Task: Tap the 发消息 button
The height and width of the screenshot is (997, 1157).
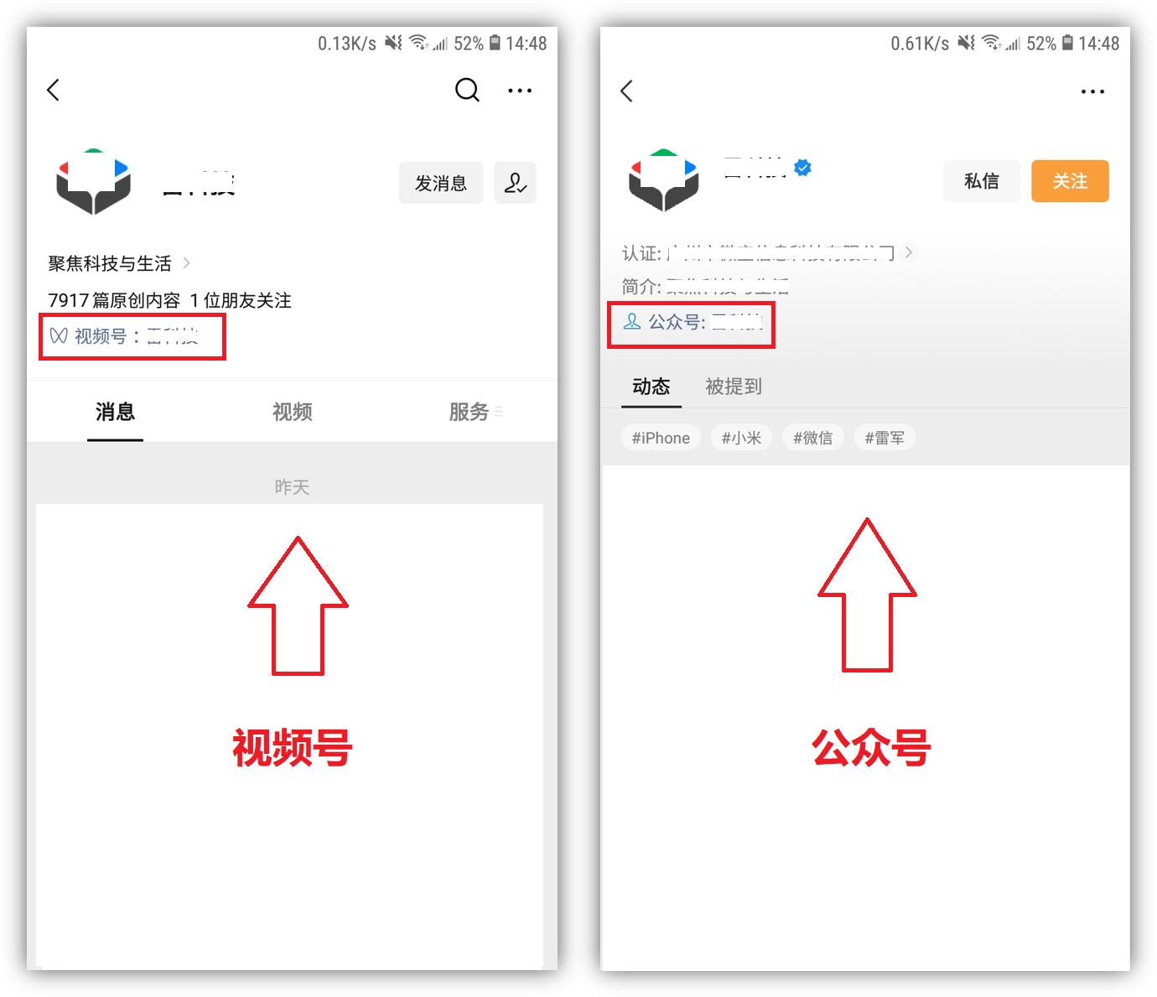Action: [x=441, y=183]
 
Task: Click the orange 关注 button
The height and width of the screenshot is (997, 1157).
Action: [x=1070, y=181]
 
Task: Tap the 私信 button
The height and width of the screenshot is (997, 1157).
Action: [x=981, y=181]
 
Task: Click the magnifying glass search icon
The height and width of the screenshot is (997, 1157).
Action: [x=467, y=90]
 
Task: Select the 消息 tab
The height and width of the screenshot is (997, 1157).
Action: [x=115, y=412]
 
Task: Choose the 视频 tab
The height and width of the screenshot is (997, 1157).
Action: [x=292, y=412]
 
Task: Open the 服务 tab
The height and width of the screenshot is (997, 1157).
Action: [x=470, y=412]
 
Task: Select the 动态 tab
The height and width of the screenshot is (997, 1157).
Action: [x=651, y=387]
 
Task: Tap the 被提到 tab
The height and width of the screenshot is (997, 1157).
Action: [x=734, y=387]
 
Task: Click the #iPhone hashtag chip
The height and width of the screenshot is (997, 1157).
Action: [x=661, y=438]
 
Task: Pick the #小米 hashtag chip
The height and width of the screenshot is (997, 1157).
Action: [x=741, y=438]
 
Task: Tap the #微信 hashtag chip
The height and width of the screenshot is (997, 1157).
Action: [x=812, y=438]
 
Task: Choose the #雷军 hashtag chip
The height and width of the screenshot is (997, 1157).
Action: [x=885, y=438]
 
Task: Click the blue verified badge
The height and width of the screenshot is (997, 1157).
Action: [x=803, y=168]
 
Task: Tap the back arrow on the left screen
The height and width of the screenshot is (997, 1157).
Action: [x=54, y=90]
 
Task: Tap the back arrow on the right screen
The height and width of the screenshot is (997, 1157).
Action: [x=627, y=91]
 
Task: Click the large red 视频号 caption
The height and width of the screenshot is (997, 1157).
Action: [x=292, y=748]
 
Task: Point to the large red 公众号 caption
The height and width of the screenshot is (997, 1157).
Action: [x=871, y=748]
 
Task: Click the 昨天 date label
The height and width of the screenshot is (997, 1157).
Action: [x=292, y=487]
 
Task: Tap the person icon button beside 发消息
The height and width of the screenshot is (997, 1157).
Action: [x=515, y=183]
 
